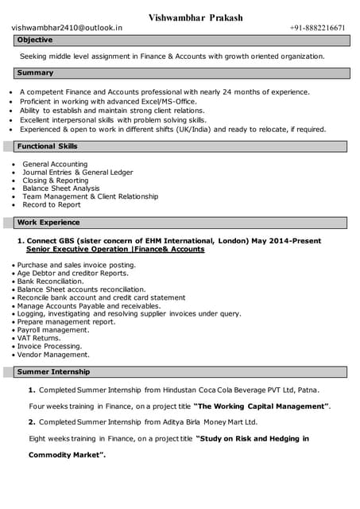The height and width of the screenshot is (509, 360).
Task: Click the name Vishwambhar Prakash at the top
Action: coord(195,17)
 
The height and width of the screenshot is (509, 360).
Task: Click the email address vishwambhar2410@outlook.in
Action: coord(68,28)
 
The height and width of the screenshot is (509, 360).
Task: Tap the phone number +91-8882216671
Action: coord(318,28)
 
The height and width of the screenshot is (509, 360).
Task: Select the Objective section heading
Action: coord(35,40)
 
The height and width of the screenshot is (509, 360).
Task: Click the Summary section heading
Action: coord(36,73)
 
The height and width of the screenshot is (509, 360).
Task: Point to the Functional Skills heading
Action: coord(48,146)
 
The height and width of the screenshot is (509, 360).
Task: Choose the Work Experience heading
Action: coord(48,223)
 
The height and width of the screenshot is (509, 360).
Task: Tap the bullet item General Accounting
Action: coord(55,164)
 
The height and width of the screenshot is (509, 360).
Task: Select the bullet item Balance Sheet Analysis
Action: coord(61,188)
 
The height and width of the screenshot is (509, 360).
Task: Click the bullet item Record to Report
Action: coord(52,204)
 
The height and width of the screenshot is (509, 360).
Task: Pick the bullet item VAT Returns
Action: coord(39,338)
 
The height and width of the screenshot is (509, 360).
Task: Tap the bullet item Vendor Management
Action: coord(53,355)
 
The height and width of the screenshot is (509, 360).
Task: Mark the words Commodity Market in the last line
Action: coord(67,455)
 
